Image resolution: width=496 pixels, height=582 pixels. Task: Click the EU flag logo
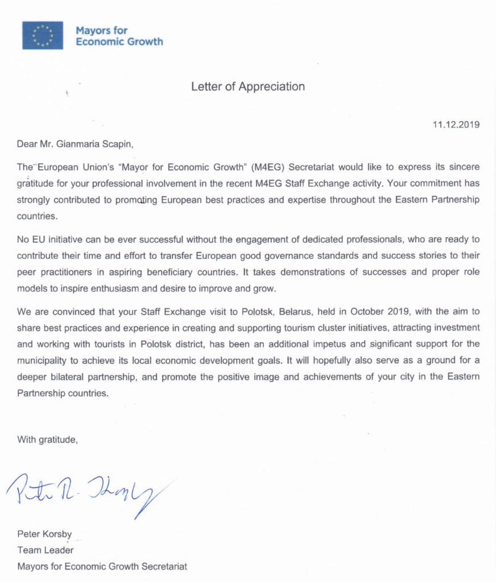tap(43, 35)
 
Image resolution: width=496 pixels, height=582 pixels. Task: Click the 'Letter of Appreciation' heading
tap(248, 86)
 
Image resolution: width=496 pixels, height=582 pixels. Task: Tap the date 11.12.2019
tap(456, 125)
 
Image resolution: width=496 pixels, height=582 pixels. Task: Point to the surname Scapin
tap(117, 145)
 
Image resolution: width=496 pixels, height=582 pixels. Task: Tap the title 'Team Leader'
tap(46, 550)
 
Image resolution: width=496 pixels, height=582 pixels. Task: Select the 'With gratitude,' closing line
tap(47, 439)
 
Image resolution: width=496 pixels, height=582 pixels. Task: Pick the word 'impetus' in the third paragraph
tap(332, 344)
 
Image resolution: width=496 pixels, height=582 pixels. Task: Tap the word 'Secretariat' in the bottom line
tap(163, 567)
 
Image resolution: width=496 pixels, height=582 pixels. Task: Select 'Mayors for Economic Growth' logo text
tap(119, 35)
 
